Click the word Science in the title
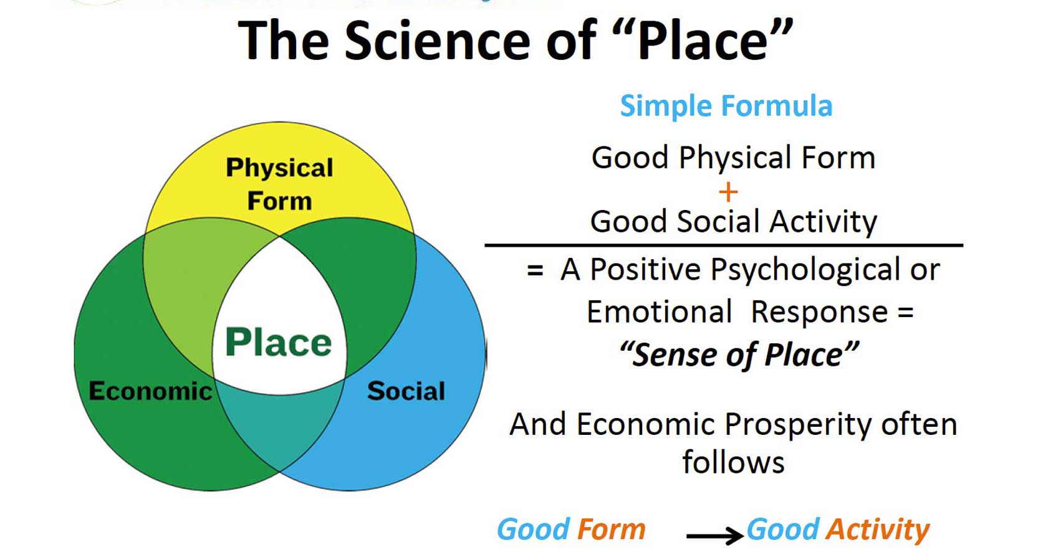(x=439, y=40)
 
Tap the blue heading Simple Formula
(x=726, y=106)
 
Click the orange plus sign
(x=728, y=192)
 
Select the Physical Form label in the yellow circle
(x=279, y=184)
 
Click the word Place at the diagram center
(x=278, y=343)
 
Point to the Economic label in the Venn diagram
(x=150, y=391)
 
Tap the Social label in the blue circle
(x=406, y=391)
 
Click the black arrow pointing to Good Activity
(x=714, y=535)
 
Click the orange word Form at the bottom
(x=611, y=530)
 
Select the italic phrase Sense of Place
(x=739, y=355)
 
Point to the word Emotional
(x=659, y=312)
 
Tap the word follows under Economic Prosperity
(x=733, y=462)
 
